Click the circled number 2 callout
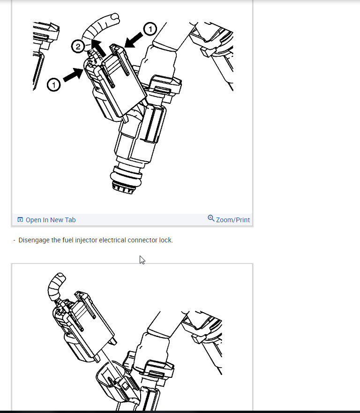pos(78,46)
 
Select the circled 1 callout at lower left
pos(53,85)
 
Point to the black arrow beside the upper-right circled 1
pos(135,39)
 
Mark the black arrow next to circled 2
pos(97,47)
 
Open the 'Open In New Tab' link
pos(50,220)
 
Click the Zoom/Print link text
pos(233,220)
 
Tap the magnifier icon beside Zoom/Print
pos(211,218)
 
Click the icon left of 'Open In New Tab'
pos(20,220)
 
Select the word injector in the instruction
pos(85,240)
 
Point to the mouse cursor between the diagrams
pos(142,260)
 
